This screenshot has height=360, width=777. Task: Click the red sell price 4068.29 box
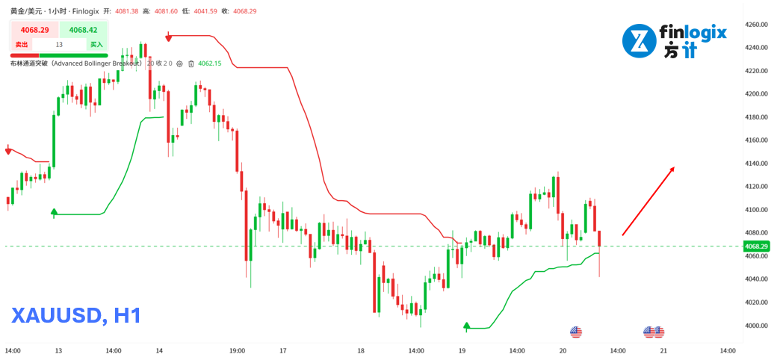coord(34,30)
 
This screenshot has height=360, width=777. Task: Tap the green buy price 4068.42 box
coord(82,30)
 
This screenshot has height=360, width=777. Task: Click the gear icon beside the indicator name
coord(179,63)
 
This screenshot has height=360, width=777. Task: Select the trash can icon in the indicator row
coord(191,63)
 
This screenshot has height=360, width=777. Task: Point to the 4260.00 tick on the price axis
coord(757,25)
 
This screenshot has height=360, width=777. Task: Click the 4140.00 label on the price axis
coord(757,164)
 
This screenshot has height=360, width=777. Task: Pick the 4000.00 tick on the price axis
coord(757,326)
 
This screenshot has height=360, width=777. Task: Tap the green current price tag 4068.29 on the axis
coord(756,246)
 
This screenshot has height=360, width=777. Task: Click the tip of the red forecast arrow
coord(674,167)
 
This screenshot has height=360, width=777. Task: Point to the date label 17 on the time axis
coord(283,350)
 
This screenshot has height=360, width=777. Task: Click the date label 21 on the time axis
coord(663,350)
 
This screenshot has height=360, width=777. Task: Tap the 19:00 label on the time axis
coord(238,350)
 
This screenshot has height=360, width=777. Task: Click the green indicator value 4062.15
coord(210,63)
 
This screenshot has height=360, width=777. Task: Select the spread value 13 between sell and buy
coord(59,45)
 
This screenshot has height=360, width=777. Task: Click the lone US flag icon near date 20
coord(575,332)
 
